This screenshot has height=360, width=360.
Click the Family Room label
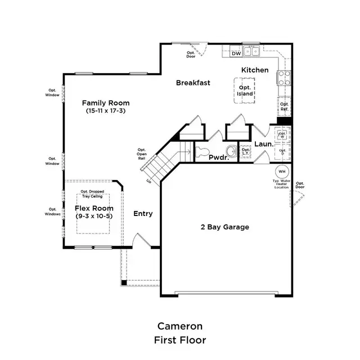tap(106, 103)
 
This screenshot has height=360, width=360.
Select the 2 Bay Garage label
tap(225, 227)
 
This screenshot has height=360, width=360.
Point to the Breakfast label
tap(193, 83)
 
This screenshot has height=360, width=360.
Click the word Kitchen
tap(255, 70)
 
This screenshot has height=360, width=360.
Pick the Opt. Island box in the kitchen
tap(245, 91)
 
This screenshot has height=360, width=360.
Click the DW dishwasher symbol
tap(236, 53)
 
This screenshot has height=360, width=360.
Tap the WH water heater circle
tap(282, 171)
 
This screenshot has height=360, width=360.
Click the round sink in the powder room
tap(230, 151)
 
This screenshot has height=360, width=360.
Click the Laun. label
tap(263, 144)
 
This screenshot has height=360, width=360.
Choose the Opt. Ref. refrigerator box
tap(284, 107)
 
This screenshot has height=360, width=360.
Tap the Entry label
tap(143, 214)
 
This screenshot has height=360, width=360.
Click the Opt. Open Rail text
tap(142, 154)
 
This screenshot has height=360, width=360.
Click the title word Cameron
tap(180, 326)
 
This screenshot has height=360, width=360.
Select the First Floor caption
tap(180, 340)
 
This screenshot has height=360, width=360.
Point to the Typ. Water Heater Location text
tap(281, 184)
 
